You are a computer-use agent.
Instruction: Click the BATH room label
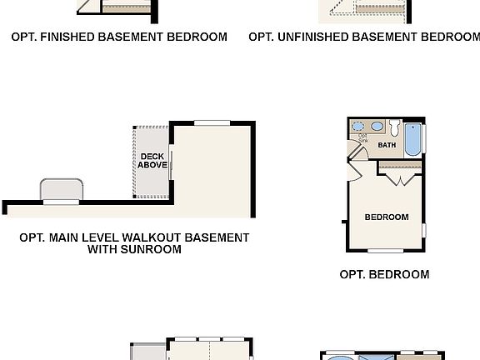click(387, 145)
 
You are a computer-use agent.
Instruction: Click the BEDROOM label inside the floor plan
click(387, 217)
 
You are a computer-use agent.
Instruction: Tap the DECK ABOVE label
click(152, 161)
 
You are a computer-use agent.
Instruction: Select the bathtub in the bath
click(412, 139)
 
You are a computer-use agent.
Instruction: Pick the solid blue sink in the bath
click(377, 127)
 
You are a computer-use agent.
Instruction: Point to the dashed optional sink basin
click(362, 127)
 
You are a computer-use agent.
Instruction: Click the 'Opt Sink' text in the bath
click(362, 138)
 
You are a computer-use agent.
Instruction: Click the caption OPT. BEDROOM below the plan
click(384, 274)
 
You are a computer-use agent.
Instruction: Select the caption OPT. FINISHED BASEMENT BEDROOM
click(119, 37)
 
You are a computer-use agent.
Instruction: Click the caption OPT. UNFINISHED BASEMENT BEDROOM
click(364, 37)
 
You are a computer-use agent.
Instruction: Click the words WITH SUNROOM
click(134, 249)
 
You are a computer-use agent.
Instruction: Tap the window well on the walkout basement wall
click(62, 191)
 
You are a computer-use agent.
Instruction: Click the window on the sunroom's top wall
click(212, 123)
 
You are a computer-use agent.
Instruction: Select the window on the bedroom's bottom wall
click(387, 251)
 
